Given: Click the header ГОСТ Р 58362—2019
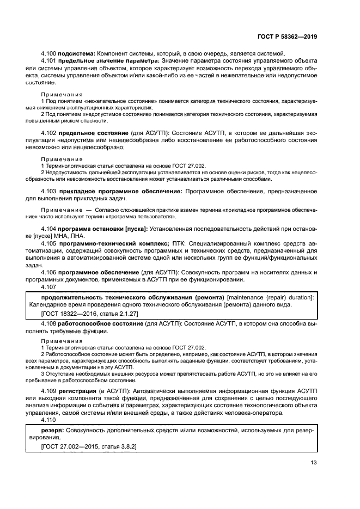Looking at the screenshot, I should (286, 36).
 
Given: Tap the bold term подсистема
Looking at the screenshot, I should (76, 53).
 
